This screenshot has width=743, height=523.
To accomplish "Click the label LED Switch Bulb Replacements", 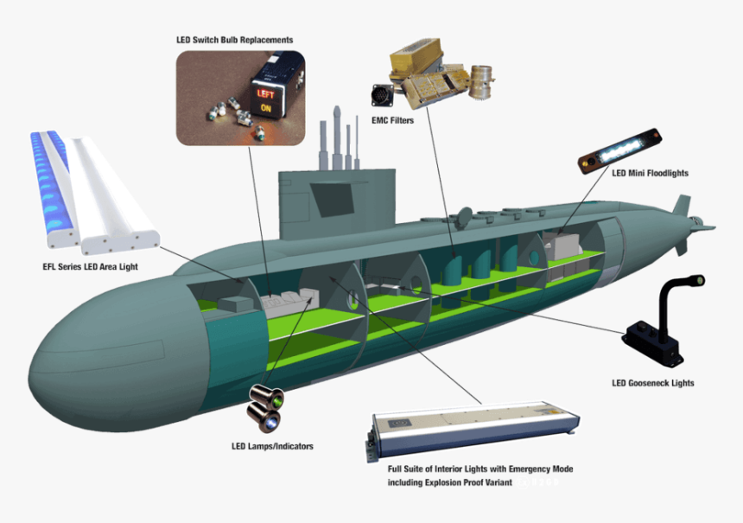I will coord(234,40).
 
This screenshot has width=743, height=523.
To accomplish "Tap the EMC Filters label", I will coord(392,121).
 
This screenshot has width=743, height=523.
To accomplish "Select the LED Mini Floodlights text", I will coord(650,173).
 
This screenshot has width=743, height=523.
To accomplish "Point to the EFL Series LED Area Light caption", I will coord(90,266).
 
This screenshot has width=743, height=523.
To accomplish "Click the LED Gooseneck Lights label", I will coord(652,383).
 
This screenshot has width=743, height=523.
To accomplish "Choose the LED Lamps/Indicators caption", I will coord(272,446).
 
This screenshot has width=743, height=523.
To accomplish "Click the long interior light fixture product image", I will coord(471,430).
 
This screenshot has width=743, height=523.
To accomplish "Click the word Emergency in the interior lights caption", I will coord(529,469).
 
